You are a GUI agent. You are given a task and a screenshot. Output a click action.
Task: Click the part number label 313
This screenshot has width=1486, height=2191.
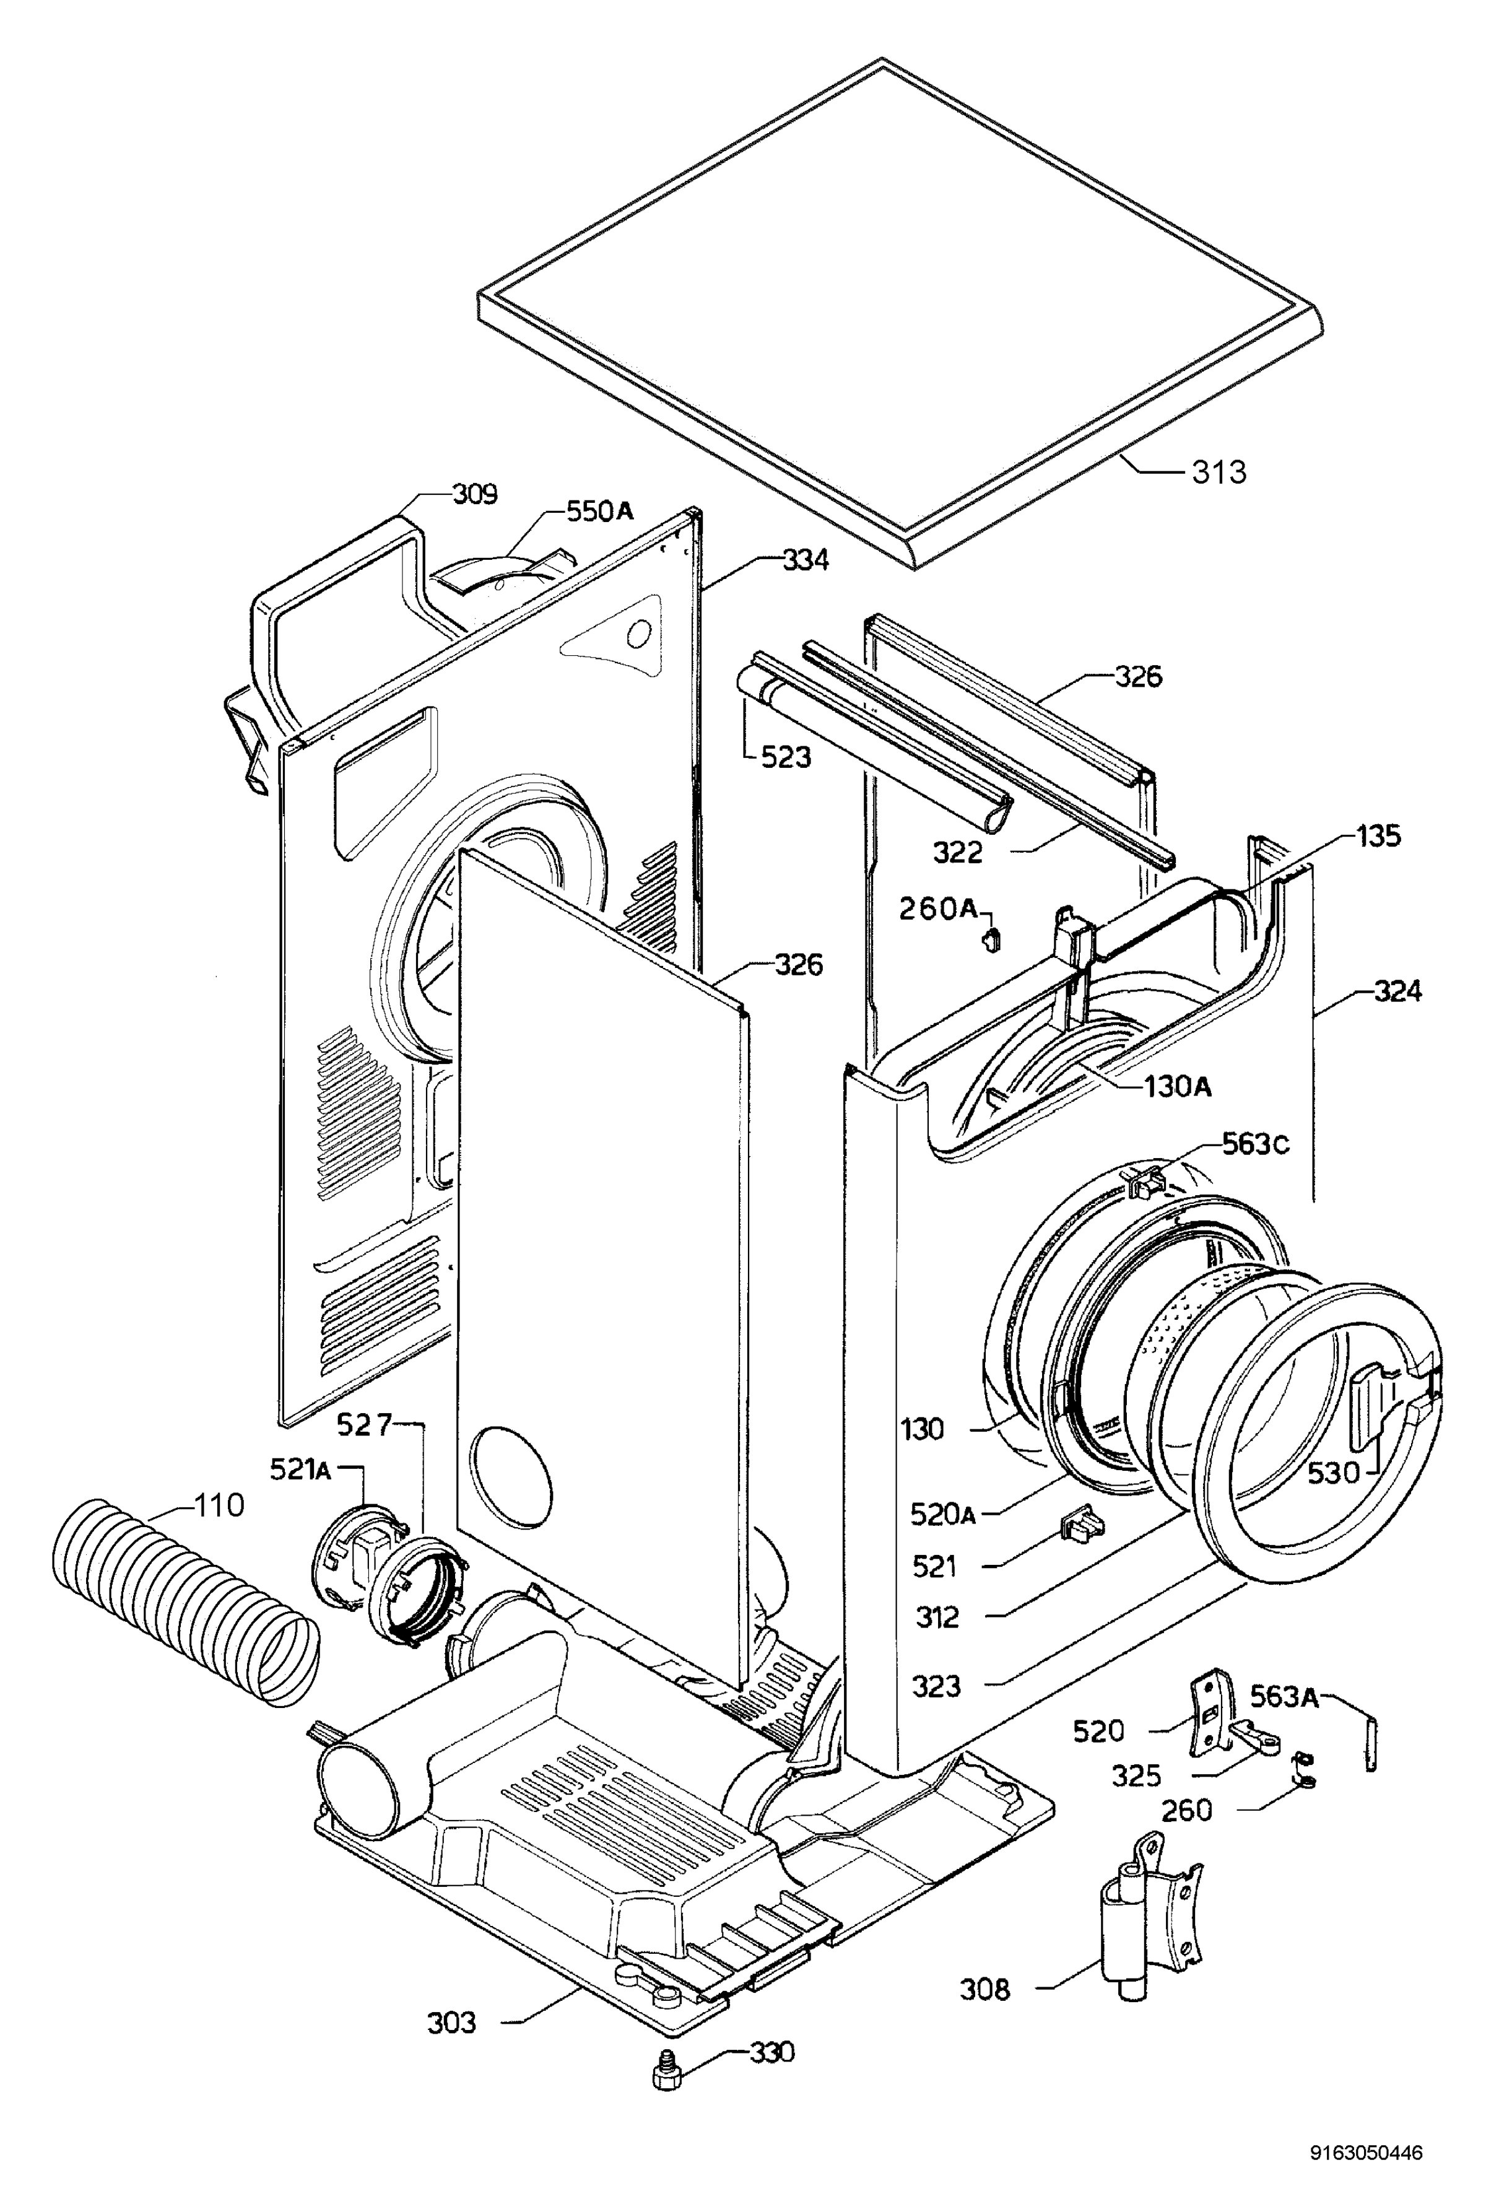click(x=1219, y=471)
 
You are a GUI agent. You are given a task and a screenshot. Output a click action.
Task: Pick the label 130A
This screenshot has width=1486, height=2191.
click(x=1178, y=1087)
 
